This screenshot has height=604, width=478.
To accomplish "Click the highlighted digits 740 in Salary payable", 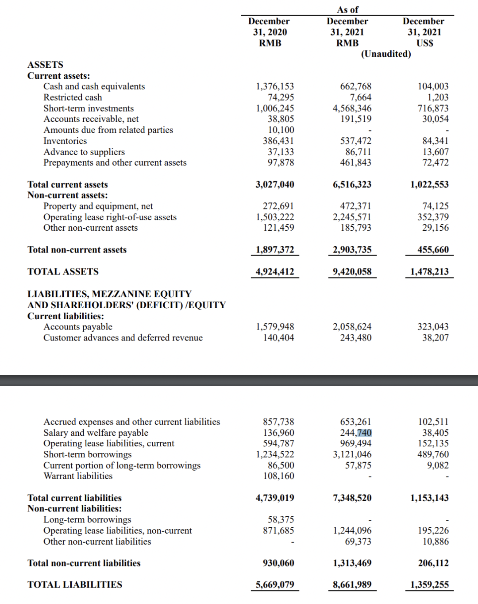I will click(x=364, y=433).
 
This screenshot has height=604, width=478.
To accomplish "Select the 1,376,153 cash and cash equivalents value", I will click(x=275, y=86).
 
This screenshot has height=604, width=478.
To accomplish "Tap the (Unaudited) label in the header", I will click(x=386, y=54).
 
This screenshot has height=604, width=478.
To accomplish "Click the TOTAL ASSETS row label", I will click(x=63, y=271).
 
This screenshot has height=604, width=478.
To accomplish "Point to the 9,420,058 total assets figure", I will click(x=352, y=271).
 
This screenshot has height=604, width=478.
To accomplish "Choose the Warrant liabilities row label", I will click(x=78, y=476).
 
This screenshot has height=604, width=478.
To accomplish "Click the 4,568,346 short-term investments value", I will click(x=352, y=108).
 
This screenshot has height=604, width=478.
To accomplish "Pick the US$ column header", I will click(x=425, y=43).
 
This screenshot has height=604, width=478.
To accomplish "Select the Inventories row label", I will click(x=65, y=141).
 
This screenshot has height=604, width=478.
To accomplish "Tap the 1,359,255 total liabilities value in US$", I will click(x=429, y=585).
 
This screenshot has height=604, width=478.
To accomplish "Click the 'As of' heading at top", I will click(x=347, y=10).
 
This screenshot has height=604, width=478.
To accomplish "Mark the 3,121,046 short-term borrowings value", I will click(x=352, y=454).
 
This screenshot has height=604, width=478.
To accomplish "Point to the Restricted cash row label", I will click(x=73, y=97).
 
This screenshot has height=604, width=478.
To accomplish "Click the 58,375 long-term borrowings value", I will click(x=281, y=519).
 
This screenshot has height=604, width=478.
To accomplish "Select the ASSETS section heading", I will click(x=45, y=65).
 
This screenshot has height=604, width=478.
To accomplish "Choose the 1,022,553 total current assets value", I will click(x=429, y=184).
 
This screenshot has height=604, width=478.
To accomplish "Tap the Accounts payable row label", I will click(x=78, y=327).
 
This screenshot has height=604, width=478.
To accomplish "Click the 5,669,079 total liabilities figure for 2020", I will click(x=275, y=585).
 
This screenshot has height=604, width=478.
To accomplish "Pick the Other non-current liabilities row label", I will click(x=97, y=542).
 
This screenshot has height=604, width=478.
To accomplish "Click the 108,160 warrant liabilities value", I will click(x=278, y=476).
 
